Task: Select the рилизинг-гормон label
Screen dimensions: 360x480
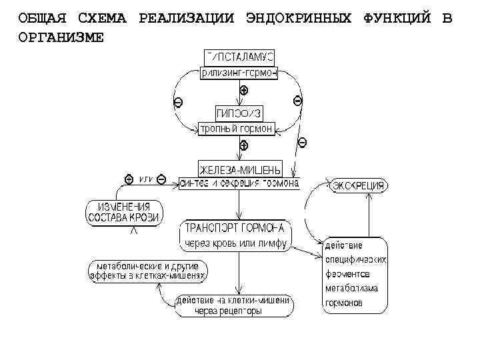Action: tap(239, 73)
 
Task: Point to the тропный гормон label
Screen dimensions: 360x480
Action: tap(236, 129)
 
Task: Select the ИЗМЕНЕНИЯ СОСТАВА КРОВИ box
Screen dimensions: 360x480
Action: tap(124, 213)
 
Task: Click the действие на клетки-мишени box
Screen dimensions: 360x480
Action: tap(233, 305)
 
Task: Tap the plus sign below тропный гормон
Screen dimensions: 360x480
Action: tap(244, 144)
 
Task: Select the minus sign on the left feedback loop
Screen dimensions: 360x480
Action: tap(178, 101)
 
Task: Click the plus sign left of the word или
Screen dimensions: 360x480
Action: tap(129, 179)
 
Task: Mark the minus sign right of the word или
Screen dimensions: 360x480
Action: tap(161, 179)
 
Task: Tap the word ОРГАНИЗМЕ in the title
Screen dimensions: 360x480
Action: tap(61, 37)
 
